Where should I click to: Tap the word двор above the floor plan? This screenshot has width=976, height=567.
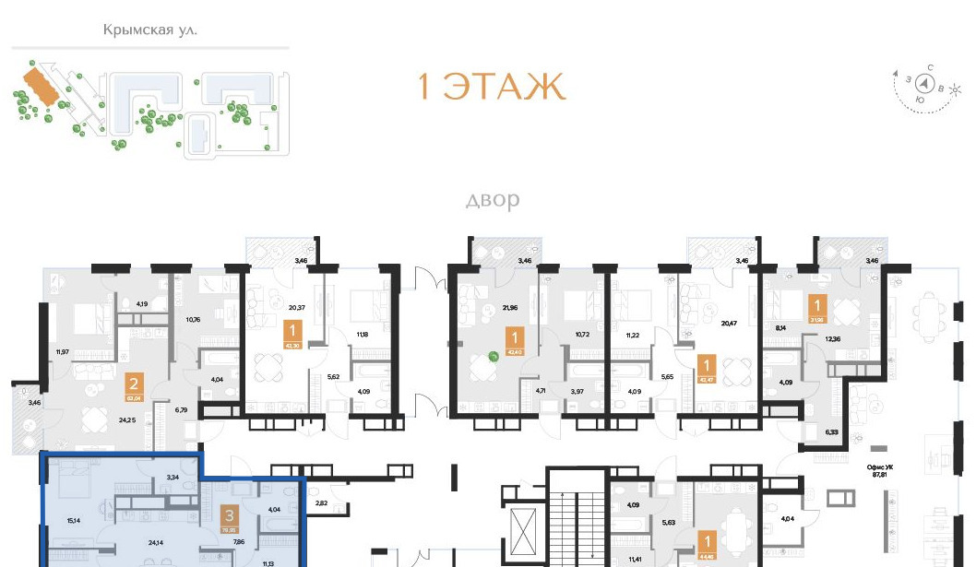pos(493,199)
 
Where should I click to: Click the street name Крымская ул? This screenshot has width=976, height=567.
pos(150,30)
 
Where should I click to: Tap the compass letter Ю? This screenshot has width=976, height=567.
pos(920,100)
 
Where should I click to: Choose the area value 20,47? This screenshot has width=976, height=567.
pos(730,323)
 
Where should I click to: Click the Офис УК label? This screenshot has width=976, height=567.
pos(885,468)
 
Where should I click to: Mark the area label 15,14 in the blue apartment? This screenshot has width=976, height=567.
pos(75,520)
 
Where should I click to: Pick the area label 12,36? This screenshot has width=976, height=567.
pos(832,339)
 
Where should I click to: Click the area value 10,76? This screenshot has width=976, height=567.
pos(193,320)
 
